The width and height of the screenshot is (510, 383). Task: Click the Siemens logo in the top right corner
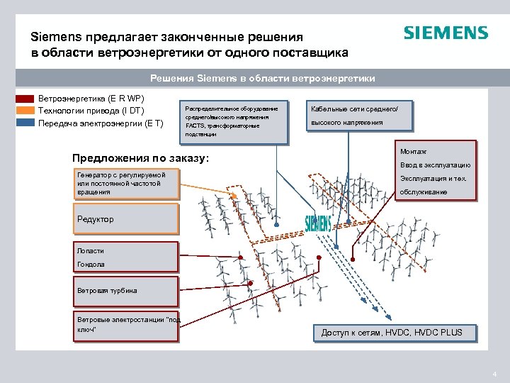pyautogui.click(x=446, y=33)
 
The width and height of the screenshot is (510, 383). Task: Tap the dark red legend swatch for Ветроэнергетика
pyautogui.click(x=25, y=99)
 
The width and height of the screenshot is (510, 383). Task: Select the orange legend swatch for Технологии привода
pyautogui.click(x=25, y=111)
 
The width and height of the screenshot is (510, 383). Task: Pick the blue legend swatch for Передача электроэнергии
pyautogui.click(x=25, y=123)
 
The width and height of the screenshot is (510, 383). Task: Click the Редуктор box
pyautogui.click(x=127, y=219)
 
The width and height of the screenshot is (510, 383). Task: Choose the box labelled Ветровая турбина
pyautogui.click(x=127, y=291)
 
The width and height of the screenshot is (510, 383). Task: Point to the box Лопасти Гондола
pyautogui.click(x=127, y=257)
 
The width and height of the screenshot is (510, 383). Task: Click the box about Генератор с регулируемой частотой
pyautogui.click(x=127, y=183)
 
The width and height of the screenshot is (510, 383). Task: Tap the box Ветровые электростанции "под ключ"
pyautogui.click(x=127, y=325)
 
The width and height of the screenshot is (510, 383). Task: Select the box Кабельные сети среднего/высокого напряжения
pyautogui.click(x=360, y=115)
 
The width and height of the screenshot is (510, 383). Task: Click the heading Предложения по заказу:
pyautogui.click(x=141, y=157)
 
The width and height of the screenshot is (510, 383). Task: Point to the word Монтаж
pyautogui.click(x=413, y=152)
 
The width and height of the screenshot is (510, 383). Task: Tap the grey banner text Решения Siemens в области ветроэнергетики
pyautogui.click(x=263, y=78)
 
